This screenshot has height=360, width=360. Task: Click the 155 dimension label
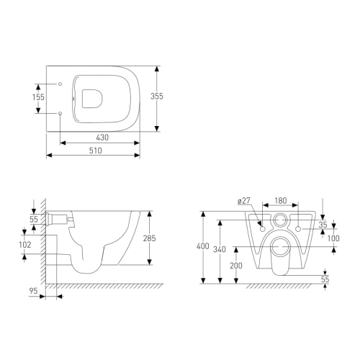pos(38,97)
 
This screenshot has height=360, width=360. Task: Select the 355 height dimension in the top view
pos(157,96)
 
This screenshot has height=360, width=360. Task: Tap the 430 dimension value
pos(102,138)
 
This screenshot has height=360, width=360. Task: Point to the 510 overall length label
pos(96,150)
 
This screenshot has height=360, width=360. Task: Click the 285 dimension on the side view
pos(150,238)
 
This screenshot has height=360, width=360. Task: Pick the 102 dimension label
pos(25,245)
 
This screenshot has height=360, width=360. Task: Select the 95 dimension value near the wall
pos(33,291)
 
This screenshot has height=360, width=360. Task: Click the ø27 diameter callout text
pos(244,201)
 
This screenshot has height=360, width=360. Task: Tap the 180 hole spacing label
pos(281,201)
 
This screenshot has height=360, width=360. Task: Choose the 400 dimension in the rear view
pos(203,246)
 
